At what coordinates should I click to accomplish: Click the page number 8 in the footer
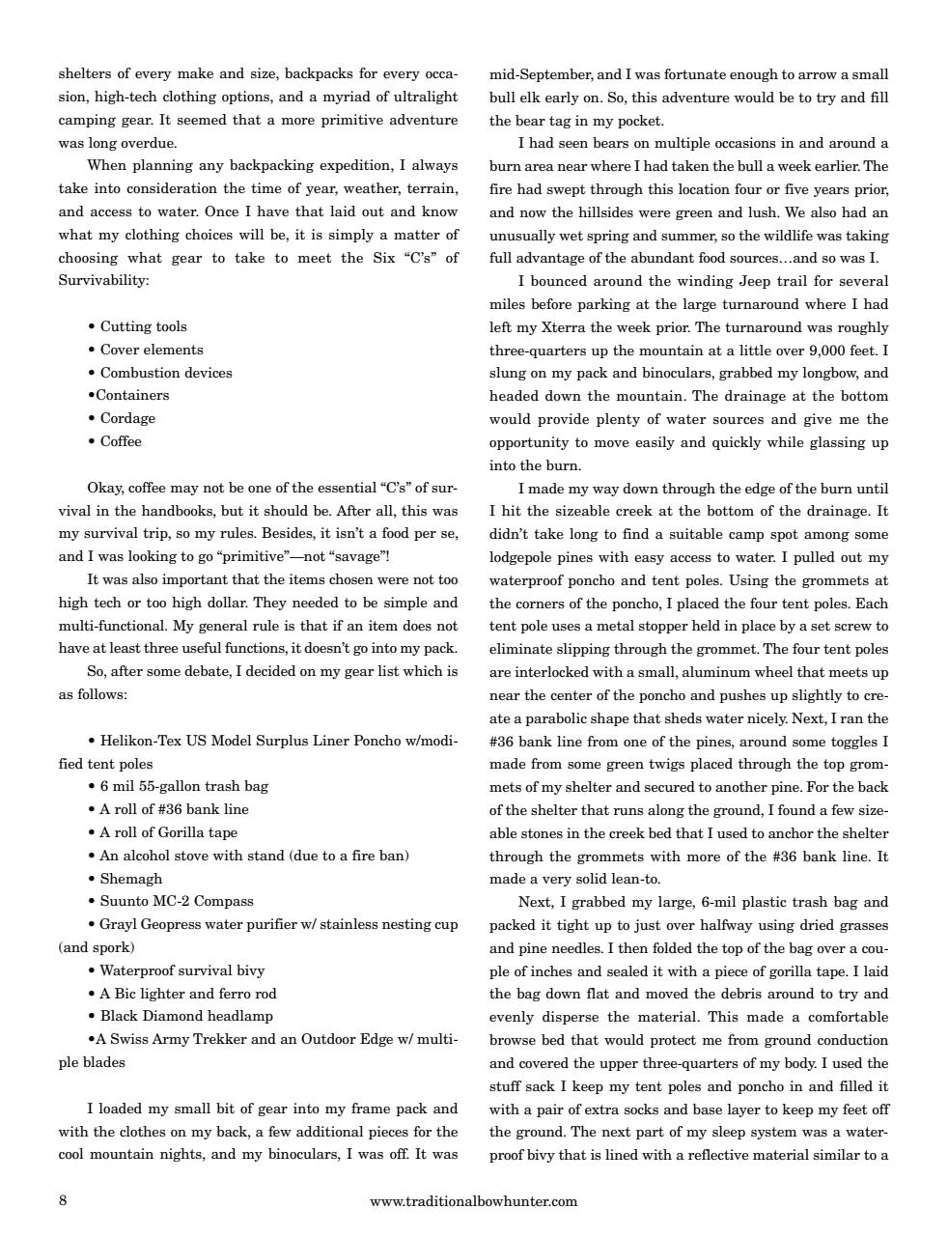click(x=63, y=1201)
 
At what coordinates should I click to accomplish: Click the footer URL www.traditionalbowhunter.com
click(x=473, y=1201)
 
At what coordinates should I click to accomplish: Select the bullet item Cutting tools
click(x=143, y=326)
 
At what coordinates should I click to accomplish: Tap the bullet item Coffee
click(x=121, y=441)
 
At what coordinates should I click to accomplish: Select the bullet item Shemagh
click(x=130, y=879)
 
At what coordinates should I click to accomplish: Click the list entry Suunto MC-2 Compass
click(x=176, y=901)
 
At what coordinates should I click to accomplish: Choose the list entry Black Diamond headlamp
click(x=185, y=1016)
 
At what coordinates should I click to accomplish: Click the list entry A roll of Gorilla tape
click(x=168, y=832)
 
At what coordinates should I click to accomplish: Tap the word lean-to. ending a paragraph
click(x=659, y=879)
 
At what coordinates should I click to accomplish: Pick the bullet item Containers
click(x=131, y=395)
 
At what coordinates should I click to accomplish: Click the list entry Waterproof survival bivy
click(x=181, y=970)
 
